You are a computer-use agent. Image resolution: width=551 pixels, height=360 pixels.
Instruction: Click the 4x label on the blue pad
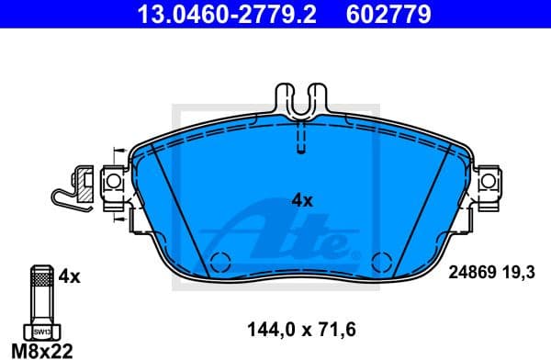(302, 199)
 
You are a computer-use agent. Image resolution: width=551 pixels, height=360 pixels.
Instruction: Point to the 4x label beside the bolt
(70, 276)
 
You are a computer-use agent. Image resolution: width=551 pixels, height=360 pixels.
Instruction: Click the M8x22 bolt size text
(40, 351)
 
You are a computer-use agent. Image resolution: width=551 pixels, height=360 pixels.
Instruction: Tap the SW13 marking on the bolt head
(40, 330)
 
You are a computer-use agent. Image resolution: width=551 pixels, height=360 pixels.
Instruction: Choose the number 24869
(469, 272)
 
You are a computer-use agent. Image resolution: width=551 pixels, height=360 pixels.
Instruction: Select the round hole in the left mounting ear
(114, 184)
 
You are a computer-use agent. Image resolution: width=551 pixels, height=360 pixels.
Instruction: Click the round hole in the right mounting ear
(489, 184)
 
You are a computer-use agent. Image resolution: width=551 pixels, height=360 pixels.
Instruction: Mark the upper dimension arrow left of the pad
(117, 152)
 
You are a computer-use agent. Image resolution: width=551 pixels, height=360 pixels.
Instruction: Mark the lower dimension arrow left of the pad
(117, 219)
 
